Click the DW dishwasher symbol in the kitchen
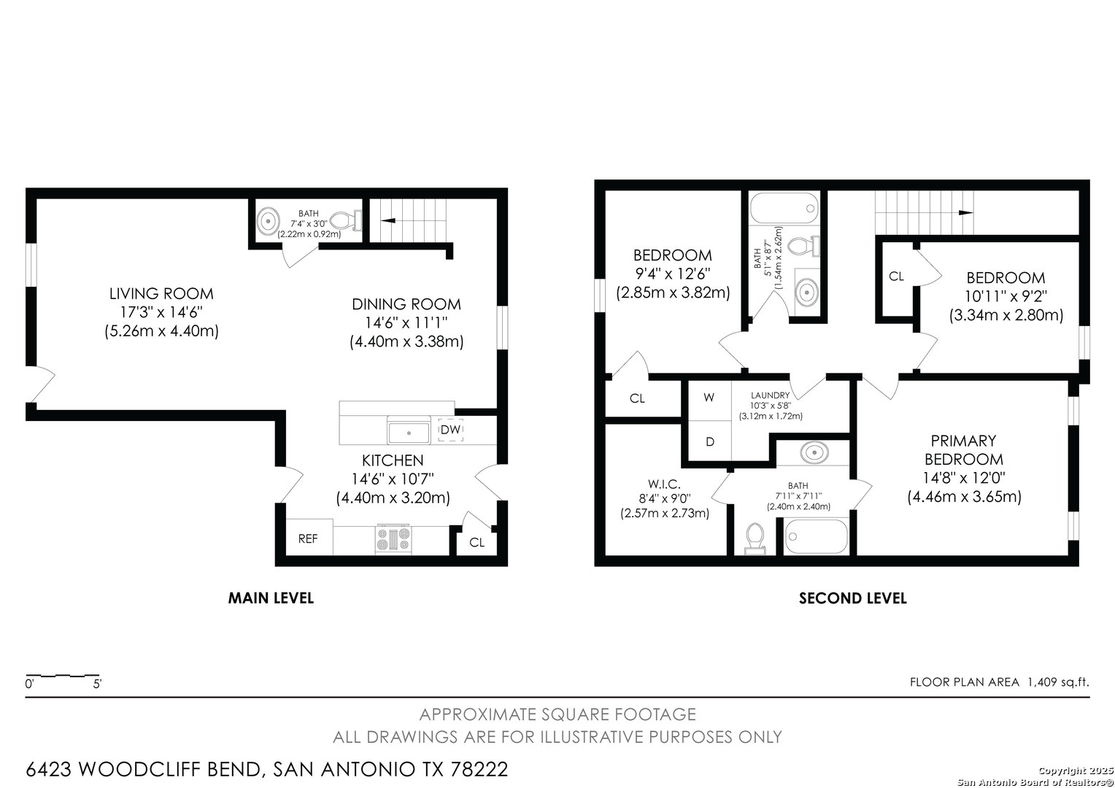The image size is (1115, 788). pos(450,430)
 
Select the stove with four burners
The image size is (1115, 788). pos(393,538)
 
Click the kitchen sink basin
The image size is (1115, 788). pos(409,432)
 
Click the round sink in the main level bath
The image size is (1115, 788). pos(269,220)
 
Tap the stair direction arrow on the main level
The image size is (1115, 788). pos(387,220)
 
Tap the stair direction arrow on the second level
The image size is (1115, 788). pos(965,212)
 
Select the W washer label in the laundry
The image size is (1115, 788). pos(709,397)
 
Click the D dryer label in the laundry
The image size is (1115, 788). pos(710,441)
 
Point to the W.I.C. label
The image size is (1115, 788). pos(664,483)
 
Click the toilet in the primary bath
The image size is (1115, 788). pos(755,538)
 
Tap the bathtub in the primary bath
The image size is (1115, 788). pos(816,536)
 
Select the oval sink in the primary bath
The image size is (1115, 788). pos(814,452)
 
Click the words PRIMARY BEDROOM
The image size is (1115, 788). pos(964,449)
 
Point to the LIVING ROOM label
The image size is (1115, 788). pos(161,294)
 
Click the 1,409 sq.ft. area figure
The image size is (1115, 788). pos(1058,682)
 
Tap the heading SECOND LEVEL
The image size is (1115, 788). pos(853,598)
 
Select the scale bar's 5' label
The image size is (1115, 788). pos(98,684)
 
